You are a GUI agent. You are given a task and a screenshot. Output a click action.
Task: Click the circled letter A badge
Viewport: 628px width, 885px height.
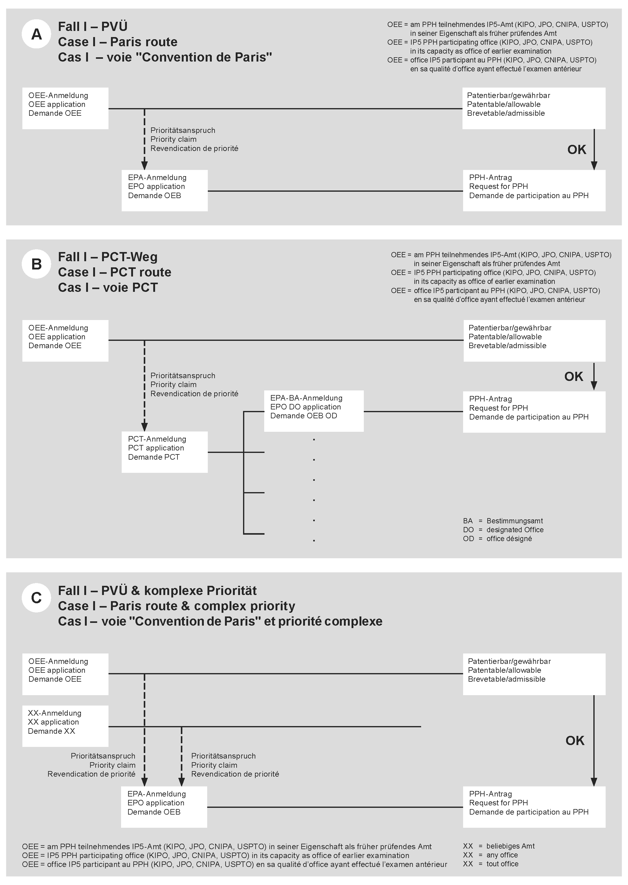coord(36,34)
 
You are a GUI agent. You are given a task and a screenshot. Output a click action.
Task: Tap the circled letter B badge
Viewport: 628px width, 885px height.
coord(36,264)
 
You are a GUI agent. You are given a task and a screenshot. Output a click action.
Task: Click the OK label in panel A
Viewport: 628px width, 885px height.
coord(576,150)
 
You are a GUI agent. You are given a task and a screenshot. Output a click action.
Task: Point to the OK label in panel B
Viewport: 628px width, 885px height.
coord(573,377)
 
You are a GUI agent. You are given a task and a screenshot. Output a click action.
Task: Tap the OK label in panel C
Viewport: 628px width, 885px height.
coord(575,740)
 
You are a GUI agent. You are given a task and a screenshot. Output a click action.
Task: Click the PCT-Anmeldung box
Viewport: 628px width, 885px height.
coord(164,452)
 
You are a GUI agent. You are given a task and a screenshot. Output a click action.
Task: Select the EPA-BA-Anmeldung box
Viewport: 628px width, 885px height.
coord(314,411)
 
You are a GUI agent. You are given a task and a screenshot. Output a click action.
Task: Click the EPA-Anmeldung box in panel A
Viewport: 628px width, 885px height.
coord(164,190)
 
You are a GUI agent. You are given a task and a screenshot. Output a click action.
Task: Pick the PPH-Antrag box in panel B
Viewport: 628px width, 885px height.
coord(534,412)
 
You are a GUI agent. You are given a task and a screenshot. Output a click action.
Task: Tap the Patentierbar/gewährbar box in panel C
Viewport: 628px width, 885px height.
coord(534,674)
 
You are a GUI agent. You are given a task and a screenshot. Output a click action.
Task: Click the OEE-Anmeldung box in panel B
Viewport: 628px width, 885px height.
coord(65,341)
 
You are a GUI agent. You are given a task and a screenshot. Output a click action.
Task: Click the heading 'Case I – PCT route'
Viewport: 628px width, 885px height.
coord(114,272)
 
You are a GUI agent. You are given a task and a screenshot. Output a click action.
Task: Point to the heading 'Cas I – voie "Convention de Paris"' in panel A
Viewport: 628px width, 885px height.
coord(165,58)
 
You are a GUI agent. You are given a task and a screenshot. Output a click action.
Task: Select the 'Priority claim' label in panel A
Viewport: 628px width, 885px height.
coord(173,139)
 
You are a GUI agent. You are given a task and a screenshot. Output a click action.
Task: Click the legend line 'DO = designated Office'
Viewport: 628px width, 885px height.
coord(503,529)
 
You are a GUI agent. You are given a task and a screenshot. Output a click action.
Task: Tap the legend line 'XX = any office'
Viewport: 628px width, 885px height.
coord(490,855)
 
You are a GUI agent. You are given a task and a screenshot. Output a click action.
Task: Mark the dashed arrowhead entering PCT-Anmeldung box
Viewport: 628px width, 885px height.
coord(144,427)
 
